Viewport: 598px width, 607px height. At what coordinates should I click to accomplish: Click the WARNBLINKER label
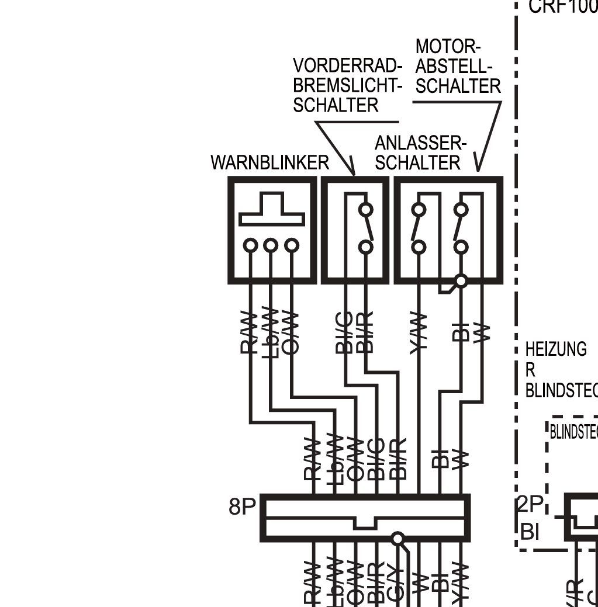[269, 162]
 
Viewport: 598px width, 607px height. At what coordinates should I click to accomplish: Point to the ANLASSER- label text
[420, 143]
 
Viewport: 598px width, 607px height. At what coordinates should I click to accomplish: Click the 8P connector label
[242, 507]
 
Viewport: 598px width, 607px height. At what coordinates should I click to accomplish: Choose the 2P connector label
[530, 504]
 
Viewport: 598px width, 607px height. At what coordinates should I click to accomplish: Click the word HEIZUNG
[555, 349]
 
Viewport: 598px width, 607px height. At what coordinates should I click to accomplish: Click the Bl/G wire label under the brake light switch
[344, 332]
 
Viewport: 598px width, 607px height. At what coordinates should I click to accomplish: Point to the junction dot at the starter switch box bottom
[461, 281]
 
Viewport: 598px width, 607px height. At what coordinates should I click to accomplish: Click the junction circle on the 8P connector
[397, 538]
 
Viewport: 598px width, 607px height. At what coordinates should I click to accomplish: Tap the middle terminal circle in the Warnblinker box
[270, 245]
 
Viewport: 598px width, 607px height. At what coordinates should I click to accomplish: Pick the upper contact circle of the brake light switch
[366, 210]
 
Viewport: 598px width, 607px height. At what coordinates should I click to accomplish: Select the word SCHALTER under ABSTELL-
[458, 86]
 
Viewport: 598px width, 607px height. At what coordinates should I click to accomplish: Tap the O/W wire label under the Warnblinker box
[291, 332]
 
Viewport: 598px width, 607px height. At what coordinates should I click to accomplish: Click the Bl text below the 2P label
[529, 532]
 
